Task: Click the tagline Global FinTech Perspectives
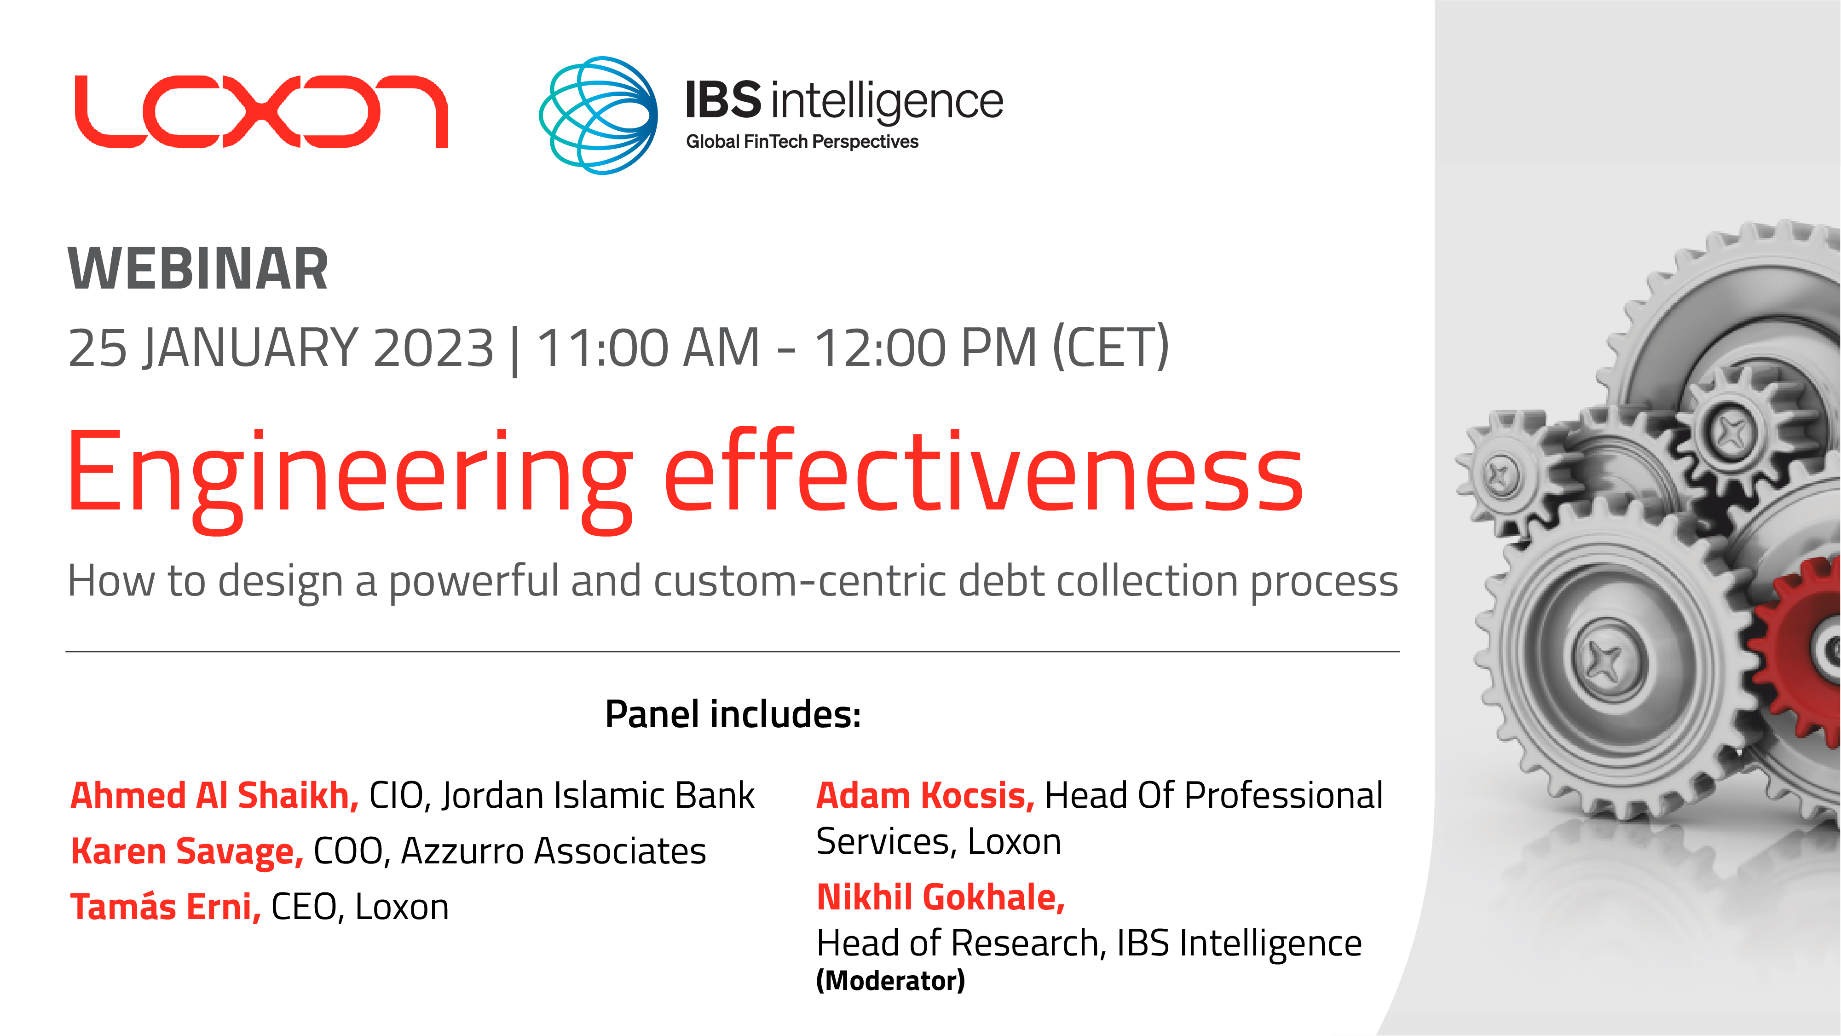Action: (x=802, y=142)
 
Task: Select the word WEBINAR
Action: (x=198, y=270)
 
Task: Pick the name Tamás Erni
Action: (x=166, y=907)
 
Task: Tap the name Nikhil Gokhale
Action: (x=941, y=897)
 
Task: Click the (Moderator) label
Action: (x=890, y=980)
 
